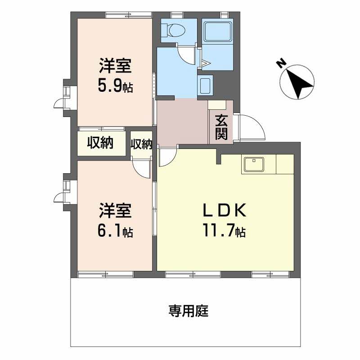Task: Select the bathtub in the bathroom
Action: pos(217,31)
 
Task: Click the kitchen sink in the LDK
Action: pos(254,164)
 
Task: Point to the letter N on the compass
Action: pos(281,63)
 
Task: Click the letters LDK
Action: pos(224,210)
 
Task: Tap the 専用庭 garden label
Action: pos(189,311)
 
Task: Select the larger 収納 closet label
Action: pos(100,143)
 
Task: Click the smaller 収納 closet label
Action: pos(141,144)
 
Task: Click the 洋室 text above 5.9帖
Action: pos(116,66)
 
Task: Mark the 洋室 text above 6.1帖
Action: pos(116,211)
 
